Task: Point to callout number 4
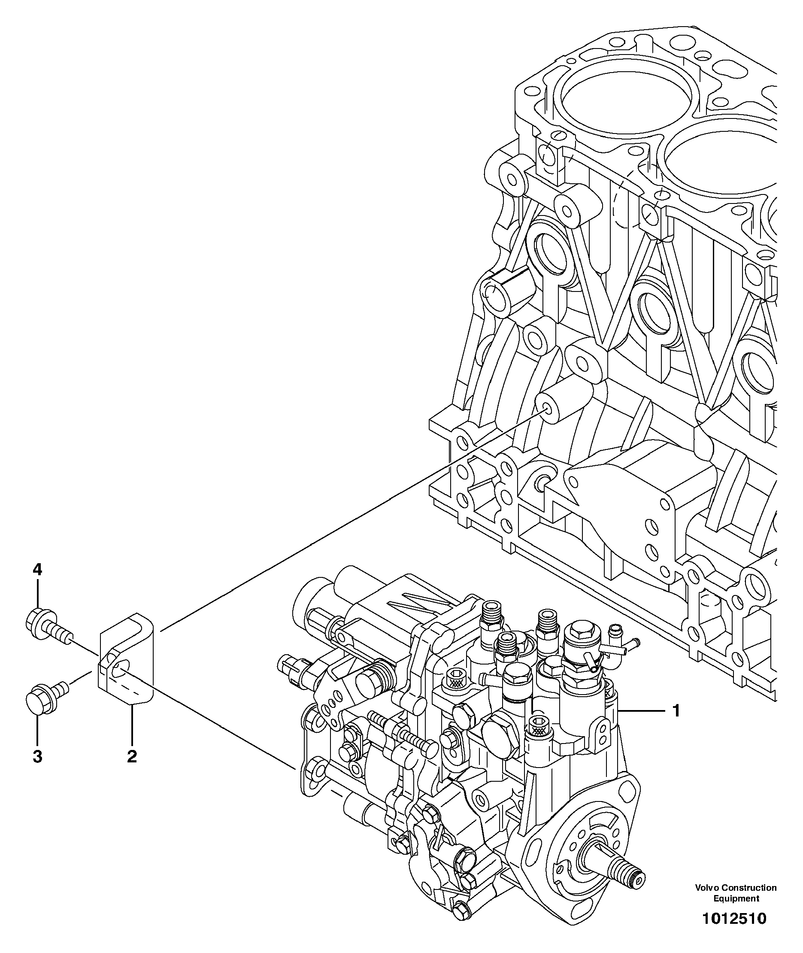click(x=37, y=569)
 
